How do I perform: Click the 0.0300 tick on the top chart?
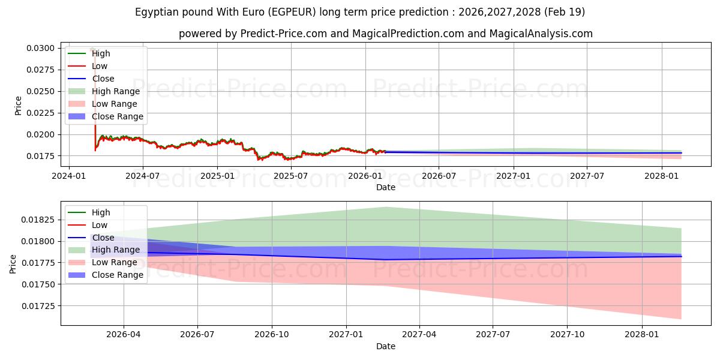[x=41, y=48]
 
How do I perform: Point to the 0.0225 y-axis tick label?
[x=41, y=113]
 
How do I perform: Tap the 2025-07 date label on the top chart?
[x=290, y=176]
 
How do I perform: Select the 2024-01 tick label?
[x=69, y=176]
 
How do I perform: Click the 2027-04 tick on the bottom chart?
[x=419, y=335]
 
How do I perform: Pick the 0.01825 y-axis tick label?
[x=38, y=220]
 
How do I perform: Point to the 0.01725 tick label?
[x=38, y=306]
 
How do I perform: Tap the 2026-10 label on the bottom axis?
[x=272, y=335]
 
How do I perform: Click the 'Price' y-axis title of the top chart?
[x=18, y=106]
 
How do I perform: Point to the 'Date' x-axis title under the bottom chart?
[x=386, y=346]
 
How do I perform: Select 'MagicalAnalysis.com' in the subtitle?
[x=541, y=34]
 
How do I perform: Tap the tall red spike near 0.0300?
[x=95, y=100]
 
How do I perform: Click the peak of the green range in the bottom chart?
[x=386, y=208]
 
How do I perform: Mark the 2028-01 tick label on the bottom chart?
[x=642, y=335]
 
